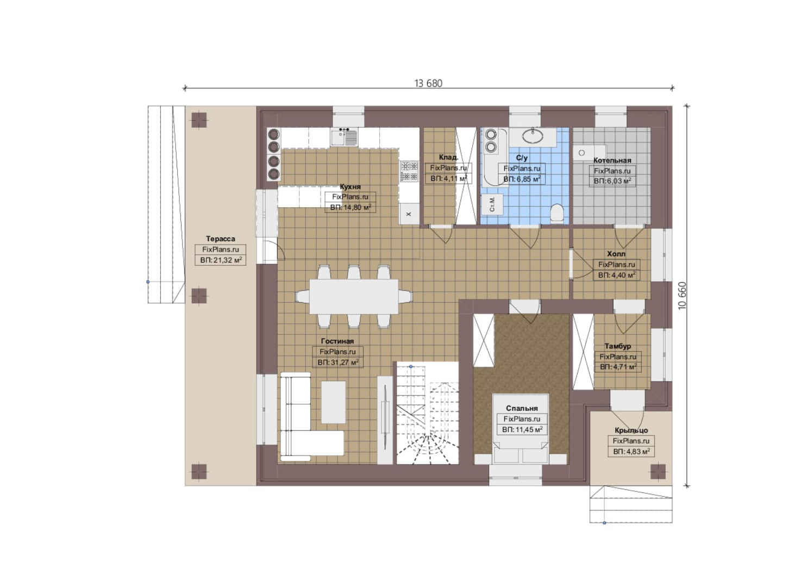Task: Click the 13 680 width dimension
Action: click(428, 83)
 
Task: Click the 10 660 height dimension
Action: click(683, 296)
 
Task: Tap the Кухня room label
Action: click(350, 187)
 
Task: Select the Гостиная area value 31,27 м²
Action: click(338, 363)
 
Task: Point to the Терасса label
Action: click(220, 239)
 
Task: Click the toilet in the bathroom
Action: click(557, 213)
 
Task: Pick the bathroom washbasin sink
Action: click(533, 136)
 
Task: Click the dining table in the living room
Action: click(354, 297)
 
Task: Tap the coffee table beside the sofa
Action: click(333, 402)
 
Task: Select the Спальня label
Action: click(522, 408)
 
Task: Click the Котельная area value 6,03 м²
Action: click(612, 181)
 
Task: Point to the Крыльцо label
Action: click(631, 430)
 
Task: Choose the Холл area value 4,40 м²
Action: click(616, 275)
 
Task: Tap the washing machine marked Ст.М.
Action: click(492, 204)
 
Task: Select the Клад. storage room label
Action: click(448, 158)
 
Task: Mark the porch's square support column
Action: click(658, 471)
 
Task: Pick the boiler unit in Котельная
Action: click(589, 153)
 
